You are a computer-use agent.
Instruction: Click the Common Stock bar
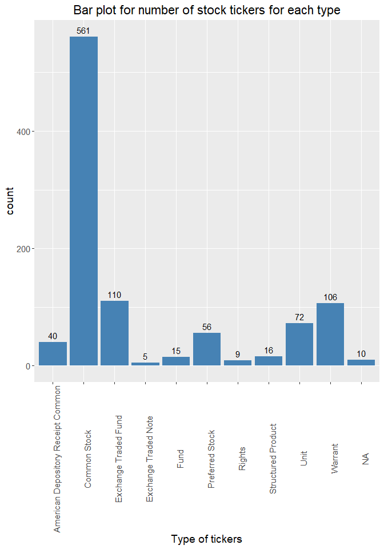[x=83, y=201]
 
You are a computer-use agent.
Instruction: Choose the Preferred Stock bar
[x=207, y=349]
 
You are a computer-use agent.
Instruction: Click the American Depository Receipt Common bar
[x=53, y=353]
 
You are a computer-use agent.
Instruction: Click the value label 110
[x=114, y=295]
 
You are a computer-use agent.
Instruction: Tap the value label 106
[x=330, y=297]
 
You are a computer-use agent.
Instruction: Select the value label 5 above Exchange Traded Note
[x=145, y=357]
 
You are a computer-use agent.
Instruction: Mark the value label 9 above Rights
[x=238, y=355]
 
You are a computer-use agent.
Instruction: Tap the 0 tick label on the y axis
[x=29, y=366]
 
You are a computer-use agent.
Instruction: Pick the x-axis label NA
[x=366, y=459]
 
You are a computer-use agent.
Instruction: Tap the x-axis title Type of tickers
[x=206, y=539]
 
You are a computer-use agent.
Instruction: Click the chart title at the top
[x=207, y=10]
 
